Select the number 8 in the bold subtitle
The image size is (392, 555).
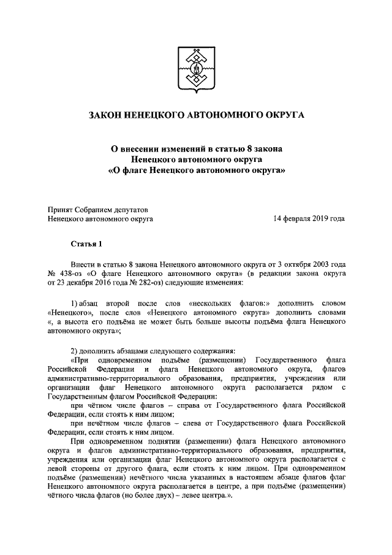[249, 148]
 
